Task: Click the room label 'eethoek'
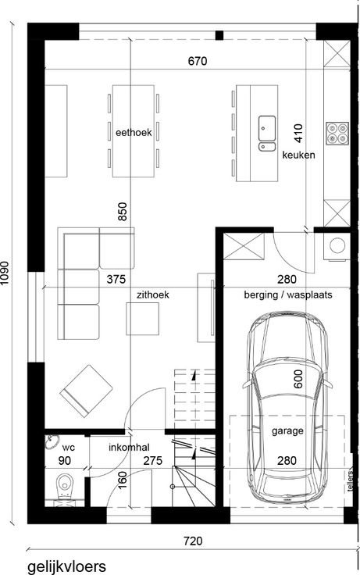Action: [134, 132]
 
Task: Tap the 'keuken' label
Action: [298, 155]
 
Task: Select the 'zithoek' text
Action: [153, 295]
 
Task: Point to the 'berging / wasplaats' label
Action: [288, 295]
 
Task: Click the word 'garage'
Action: [287, 430]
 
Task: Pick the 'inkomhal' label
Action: [129, 448]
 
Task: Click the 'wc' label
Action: [69, 448]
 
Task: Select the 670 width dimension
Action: [198, 61]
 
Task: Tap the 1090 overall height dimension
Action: [5, 273]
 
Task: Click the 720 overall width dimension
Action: [193, 541]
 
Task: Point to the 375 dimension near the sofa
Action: [116, 280]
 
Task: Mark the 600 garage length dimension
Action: [298, 379]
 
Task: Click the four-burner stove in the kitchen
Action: [337, 133]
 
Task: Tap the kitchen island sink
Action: [267, 133]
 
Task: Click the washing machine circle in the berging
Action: [337, 245]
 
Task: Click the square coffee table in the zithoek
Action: [143, 319]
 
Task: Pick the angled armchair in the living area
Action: [86, 391]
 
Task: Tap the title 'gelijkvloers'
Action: [66, 566]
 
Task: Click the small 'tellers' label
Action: [351, 480]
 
